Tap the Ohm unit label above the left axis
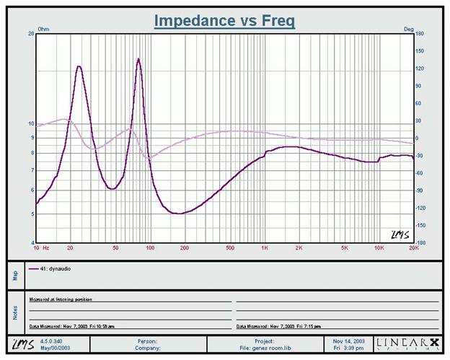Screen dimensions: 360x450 coord(42,29)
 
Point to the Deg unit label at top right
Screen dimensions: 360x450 coord(408,29)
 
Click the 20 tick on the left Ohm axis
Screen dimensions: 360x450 coord(31,34)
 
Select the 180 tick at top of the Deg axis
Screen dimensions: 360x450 coord(420,34)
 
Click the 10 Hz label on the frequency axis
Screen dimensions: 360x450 coord(41,247)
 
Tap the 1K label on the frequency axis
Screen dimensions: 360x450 coord(265,247)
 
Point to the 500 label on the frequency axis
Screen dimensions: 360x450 coord(230,247)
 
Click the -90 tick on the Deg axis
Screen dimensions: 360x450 coord(420,190)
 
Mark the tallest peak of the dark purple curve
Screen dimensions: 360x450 coord(138,59)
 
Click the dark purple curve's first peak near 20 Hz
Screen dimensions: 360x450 coord(78,66)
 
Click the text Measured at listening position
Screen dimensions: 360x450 coord(61,299)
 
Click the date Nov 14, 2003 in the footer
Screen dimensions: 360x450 coord(348,340)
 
